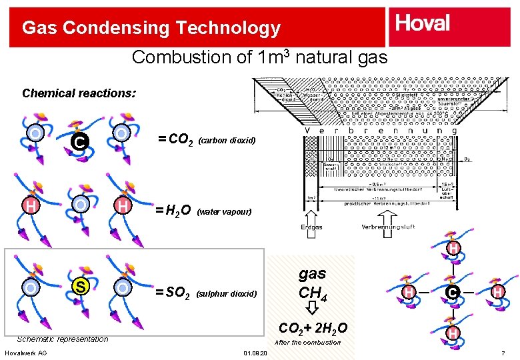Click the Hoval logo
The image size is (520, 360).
tap(423, 24)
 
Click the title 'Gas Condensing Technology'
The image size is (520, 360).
tap(151, 28)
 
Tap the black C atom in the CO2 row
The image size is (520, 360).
tap(79, 141)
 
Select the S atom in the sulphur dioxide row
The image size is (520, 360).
tap(79, 287)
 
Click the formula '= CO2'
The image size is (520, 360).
tap(175, 139)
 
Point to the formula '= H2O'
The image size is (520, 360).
tap(173, 211)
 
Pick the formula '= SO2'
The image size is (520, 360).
tap(173, 292)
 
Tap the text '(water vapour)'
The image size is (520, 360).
tap(225, 212)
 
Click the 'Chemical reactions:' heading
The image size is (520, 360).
tap(79, 93)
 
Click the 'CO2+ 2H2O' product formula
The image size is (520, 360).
tap(312, 327)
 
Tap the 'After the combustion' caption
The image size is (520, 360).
tap(307, 342)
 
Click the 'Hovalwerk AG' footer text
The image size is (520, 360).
tap(25, 353)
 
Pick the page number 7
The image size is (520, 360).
tap(503, 353)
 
